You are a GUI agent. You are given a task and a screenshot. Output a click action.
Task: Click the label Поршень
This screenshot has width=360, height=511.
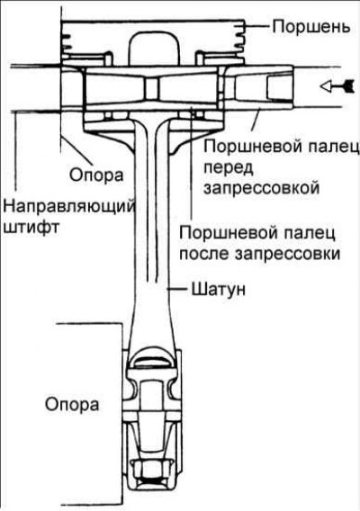click(x=310, y=26)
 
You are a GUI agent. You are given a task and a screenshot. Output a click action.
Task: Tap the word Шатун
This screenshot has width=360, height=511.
click(x=218, y=289)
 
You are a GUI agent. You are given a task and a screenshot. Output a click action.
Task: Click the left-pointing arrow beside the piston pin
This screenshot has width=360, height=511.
click(x=337, y=85)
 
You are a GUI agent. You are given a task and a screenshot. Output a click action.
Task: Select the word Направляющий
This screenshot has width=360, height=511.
click(x=68, y=208)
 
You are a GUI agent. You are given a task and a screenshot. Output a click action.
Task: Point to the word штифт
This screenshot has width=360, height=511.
click(x=31, y=227)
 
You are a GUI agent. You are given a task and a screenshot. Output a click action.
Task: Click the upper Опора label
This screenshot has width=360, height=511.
click(x=96, y=175)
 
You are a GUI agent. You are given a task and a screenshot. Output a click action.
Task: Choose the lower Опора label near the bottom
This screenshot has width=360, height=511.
click(x=72, y=405)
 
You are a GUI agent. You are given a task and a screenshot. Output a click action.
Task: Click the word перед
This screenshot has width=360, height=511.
click(x=228, y=168)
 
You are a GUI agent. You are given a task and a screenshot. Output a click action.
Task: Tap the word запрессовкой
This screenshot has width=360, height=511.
click(x=261, y=188)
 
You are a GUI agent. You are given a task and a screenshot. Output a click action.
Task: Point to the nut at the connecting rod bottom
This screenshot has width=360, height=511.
click(x=153, y=469)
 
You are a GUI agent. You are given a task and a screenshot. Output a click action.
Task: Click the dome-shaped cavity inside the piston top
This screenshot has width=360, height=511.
click(x=154, y=49)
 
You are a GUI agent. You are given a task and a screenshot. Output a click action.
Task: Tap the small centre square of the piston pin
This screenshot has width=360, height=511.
click(x=151, y=88)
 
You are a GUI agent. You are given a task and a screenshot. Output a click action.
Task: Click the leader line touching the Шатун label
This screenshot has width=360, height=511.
click(x=177, y=289)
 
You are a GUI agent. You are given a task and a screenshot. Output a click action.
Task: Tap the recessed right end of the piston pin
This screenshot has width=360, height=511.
click(x=279, y=86)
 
